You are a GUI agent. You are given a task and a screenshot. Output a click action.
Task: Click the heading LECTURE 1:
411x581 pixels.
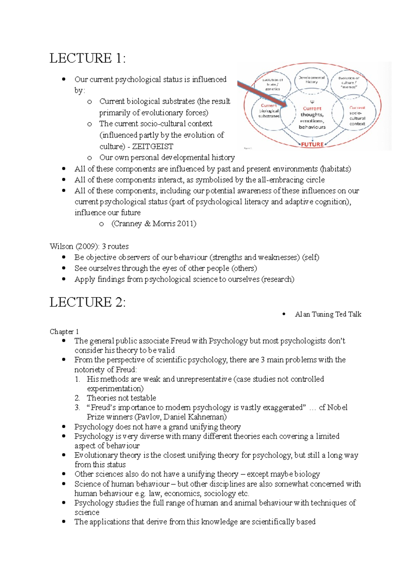[x=87, y=58]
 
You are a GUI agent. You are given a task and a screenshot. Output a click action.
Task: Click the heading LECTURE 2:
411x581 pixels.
[x=87, y=302]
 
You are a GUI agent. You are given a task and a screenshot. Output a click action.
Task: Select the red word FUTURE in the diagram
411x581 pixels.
[x=312, y=144]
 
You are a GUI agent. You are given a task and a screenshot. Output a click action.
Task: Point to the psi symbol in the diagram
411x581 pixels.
[x=312, y=102]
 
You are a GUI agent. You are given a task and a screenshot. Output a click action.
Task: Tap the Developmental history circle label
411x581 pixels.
[x=312, y=80]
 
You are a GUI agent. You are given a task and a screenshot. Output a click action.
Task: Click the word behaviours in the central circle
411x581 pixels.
[x=312, y=127]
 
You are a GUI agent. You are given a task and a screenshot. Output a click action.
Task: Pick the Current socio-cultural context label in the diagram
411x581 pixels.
[x=357, y=116]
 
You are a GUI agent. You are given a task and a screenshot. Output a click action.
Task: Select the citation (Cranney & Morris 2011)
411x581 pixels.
[x=154, y=224]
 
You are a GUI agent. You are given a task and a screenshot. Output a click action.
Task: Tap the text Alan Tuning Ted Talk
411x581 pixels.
[x=328, y=314]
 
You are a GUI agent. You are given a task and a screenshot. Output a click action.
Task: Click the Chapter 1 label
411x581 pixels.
[x=64, y=332]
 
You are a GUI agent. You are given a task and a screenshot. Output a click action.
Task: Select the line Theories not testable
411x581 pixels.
[x=121, y=398]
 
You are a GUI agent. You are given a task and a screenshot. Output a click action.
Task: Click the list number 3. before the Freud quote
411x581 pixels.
[x=77, y=408]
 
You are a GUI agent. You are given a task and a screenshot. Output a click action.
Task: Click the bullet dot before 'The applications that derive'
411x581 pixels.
[x=64, y=521]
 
